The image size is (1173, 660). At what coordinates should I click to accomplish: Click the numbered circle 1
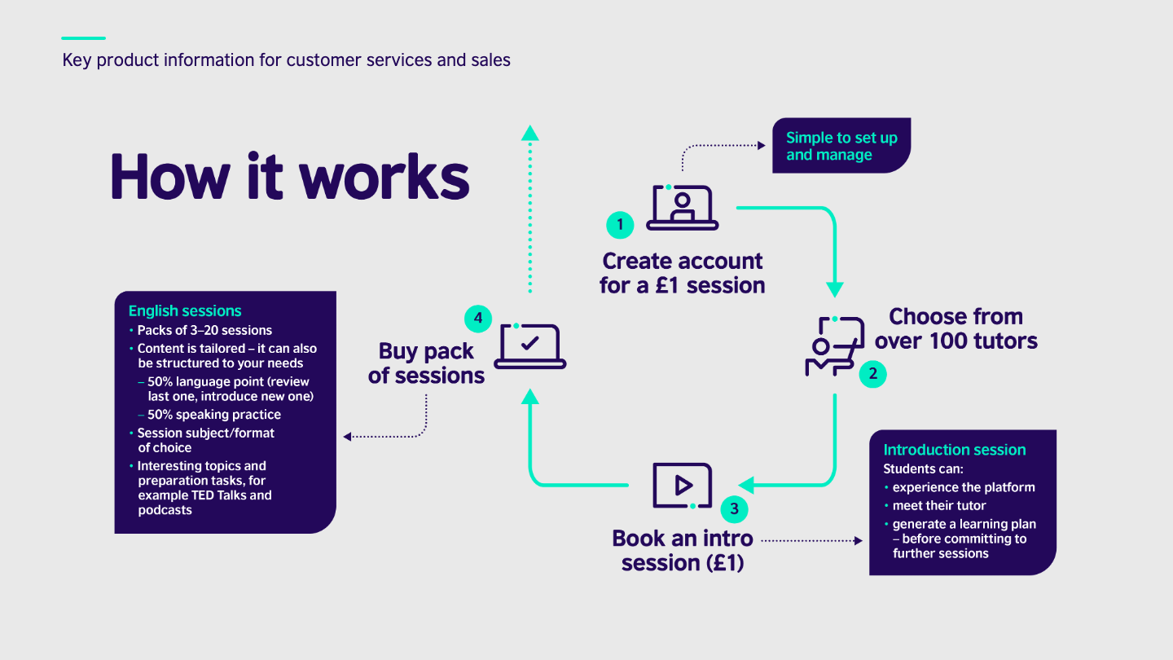pyautogui.click(x=620, y=225)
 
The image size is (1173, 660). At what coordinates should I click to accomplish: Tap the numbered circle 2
pyautogui.click(x=873, y=374)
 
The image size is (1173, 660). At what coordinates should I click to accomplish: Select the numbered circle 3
pyautogui.click(x=734, y=508)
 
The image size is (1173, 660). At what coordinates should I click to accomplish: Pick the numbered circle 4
pyautogui.click(x=478, y=319)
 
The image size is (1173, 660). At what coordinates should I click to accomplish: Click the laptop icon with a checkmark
pyautogui.click(x=530, y=346)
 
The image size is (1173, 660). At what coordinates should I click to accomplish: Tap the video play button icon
pyautogui.click(x=683, y=486)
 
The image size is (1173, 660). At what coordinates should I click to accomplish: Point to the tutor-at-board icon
pyautogui.click(x=834, y=346)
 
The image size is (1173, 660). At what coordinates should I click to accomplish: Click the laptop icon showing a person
pyautogui.click(x=683, y=208)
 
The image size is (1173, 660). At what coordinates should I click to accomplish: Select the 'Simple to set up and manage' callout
pyautogui.click(x=841, y=146)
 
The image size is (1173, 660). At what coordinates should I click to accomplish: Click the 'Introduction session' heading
pyautogui.click(x=954, y=450)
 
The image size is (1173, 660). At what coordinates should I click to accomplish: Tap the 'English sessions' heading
pyautogui.click(x=185, y=311)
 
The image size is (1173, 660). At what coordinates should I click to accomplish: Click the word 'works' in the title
pyautogui.click(x=384, y=177)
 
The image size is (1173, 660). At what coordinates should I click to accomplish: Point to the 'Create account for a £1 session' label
pyautogui.click(x=683, y=274)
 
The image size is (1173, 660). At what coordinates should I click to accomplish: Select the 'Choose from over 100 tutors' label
pyautogui.click(x=956, y=328)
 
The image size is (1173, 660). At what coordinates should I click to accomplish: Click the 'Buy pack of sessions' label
pyautogui.click(x=426, y=363)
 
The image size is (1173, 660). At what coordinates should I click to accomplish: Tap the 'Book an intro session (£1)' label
pyautogui.click(x=683, y=551)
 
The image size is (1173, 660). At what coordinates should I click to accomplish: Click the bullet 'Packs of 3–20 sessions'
pyautogui.click(x=204, y=331)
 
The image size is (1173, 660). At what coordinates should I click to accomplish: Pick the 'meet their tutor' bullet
pyautogui.click(x=939, y=506)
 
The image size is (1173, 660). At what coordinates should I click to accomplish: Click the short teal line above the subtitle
pyautogui.click(x=83, y=38)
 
